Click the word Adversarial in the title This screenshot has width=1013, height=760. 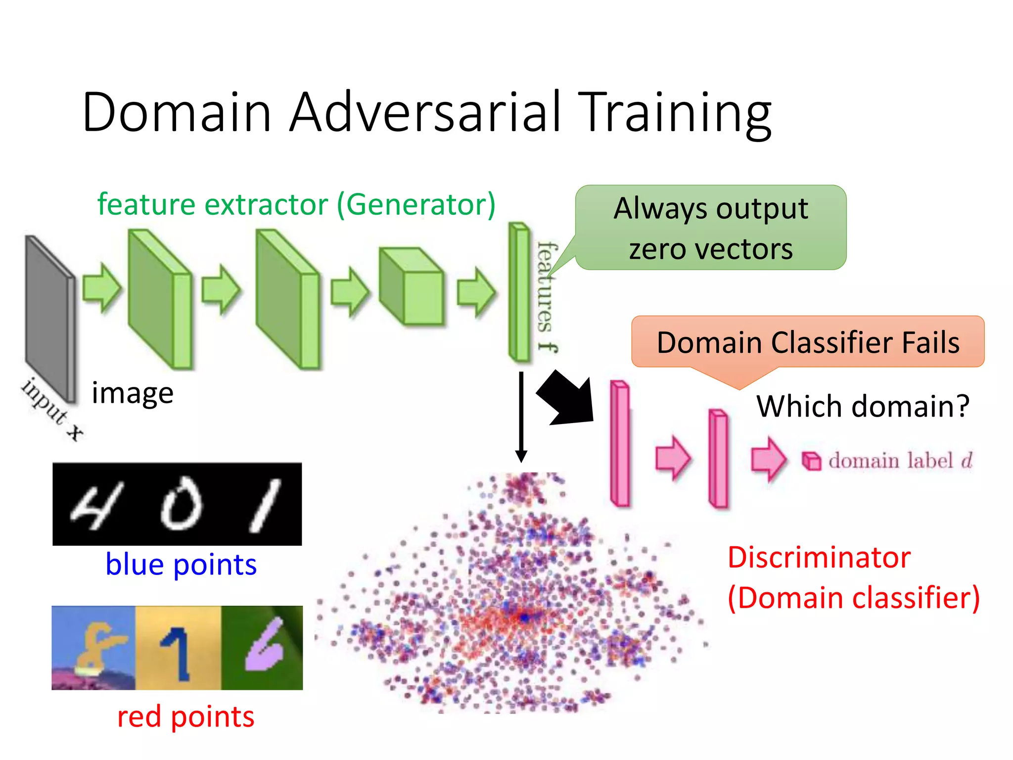(x=425, y=113)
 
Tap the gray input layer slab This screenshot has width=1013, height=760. (x=49, y=317)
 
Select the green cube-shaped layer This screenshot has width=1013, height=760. (x=412, y=287)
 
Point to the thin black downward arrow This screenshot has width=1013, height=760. (x=521, y=416)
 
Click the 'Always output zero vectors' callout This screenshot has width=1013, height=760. (x=711, y=228)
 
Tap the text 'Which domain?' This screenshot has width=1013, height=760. (x=863, y=406)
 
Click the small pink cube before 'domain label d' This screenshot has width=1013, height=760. (x=811, y=461)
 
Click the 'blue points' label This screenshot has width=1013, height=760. (x=181, y=564)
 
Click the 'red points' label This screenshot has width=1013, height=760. (x=185, y=716)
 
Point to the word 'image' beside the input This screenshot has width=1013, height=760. (x=133, y=393)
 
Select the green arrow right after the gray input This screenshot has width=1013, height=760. (x=101, y=288)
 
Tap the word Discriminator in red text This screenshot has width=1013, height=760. (x=819, y=558)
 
